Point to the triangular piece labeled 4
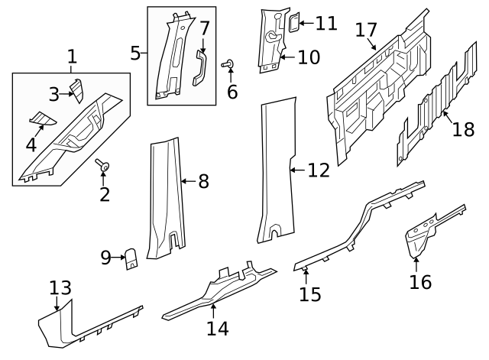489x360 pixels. [39, 118]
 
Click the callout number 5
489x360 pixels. [135, 53]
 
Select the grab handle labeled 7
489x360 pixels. [200, 67]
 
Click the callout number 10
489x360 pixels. [309, 57]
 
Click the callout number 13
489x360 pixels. [60, 288]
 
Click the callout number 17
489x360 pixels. [367, 31]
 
